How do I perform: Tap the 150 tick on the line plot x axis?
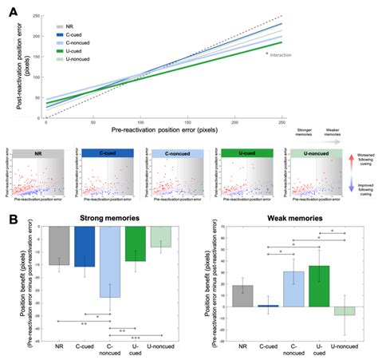(x=140, y=123)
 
